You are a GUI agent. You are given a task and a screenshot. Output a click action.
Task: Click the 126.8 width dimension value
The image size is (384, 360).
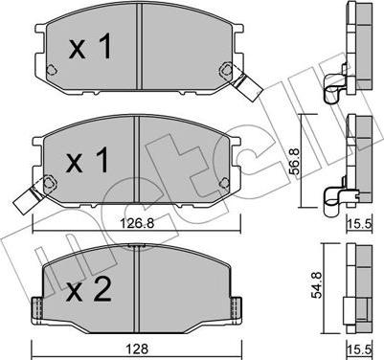point(137,223)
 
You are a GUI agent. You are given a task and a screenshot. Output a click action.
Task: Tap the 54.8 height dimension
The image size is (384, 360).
point(316,284)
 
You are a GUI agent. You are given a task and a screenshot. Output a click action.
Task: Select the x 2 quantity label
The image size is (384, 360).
point(88,289)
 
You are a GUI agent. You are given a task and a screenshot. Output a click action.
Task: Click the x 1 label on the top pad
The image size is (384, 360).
point(90,46)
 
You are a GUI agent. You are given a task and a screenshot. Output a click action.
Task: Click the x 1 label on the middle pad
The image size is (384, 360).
point(87,161)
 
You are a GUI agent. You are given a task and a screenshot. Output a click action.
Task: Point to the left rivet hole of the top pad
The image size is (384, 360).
point(51,70)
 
